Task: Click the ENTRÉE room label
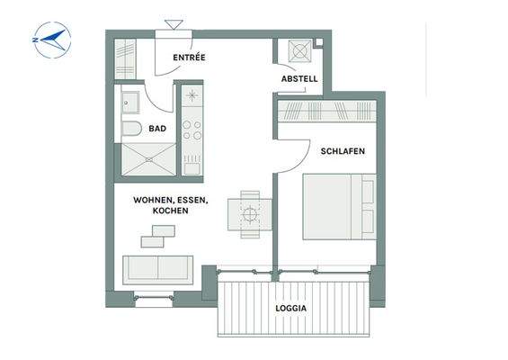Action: coord(189,58)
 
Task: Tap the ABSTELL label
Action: coord(299,79)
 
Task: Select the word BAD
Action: coord(157,129)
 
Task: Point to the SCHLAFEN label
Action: coord(343,151)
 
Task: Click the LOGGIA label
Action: coord(291,308)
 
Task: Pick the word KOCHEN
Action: coord(171,211)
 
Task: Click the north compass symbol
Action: coord(52,40)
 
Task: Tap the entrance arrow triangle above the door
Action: coord(174,24)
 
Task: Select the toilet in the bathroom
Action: coord(131,128)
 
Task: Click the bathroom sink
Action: coord(130,103)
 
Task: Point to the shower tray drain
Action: coord(148,159)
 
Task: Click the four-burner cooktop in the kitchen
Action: coord(192,130)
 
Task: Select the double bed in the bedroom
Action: coord(340,207)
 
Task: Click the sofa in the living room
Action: coord(157,270)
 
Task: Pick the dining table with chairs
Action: coord(250,214)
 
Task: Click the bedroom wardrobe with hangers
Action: coord(327,111)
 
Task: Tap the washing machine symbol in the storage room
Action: coord(300,50)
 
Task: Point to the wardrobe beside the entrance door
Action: coord(125,58)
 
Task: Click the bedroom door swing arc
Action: coord(302,161)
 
